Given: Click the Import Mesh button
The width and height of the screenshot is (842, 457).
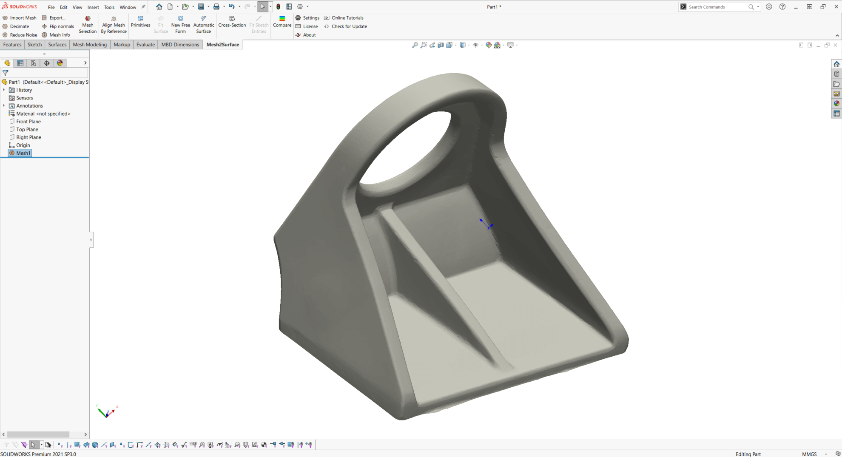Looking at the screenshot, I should pos(20,18).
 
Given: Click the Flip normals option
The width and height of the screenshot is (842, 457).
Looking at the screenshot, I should pos(58,26).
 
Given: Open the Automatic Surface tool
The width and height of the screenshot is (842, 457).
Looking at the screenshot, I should pos(203,25).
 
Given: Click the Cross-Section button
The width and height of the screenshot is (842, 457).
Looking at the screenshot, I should pos(232,22).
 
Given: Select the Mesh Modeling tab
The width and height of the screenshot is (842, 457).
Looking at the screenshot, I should pos(90,45).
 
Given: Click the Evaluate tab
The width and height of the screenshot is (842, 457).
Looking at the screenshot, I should pos(145,45).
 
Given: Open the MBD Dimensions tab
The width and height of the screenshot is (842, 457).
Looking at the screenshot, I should pos(180,45).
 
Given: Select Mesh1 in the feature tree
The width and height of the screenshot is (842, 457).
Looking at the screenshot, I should pos(23,153).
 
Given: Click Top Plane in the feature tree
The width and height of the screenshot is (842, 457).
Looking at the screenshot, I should pos(27,129).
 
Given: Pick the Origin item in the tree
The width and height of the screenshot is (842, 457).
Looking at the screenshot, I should pos(23,145).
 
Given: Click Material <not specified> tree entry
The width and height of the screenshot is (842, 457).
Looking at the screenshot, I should pos(43,114).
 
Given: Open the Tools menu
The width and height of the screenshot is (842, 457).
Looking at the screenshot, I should pos(109,7).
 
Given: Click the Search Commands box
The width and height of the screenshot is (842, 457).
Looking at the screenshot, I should pos(717,7).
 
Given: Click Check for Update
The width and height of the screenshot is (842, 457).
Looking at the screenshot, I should pos(349,26).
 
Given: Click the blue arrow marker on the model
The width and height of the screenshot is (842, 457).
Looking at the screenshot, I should pos(486,224).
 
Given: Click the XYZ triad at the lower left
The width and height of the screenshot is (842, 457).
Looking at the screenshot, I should pos(107,412).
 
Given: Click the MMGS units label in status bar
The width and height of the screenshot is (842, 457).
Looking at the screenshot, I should pos(809,454).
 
